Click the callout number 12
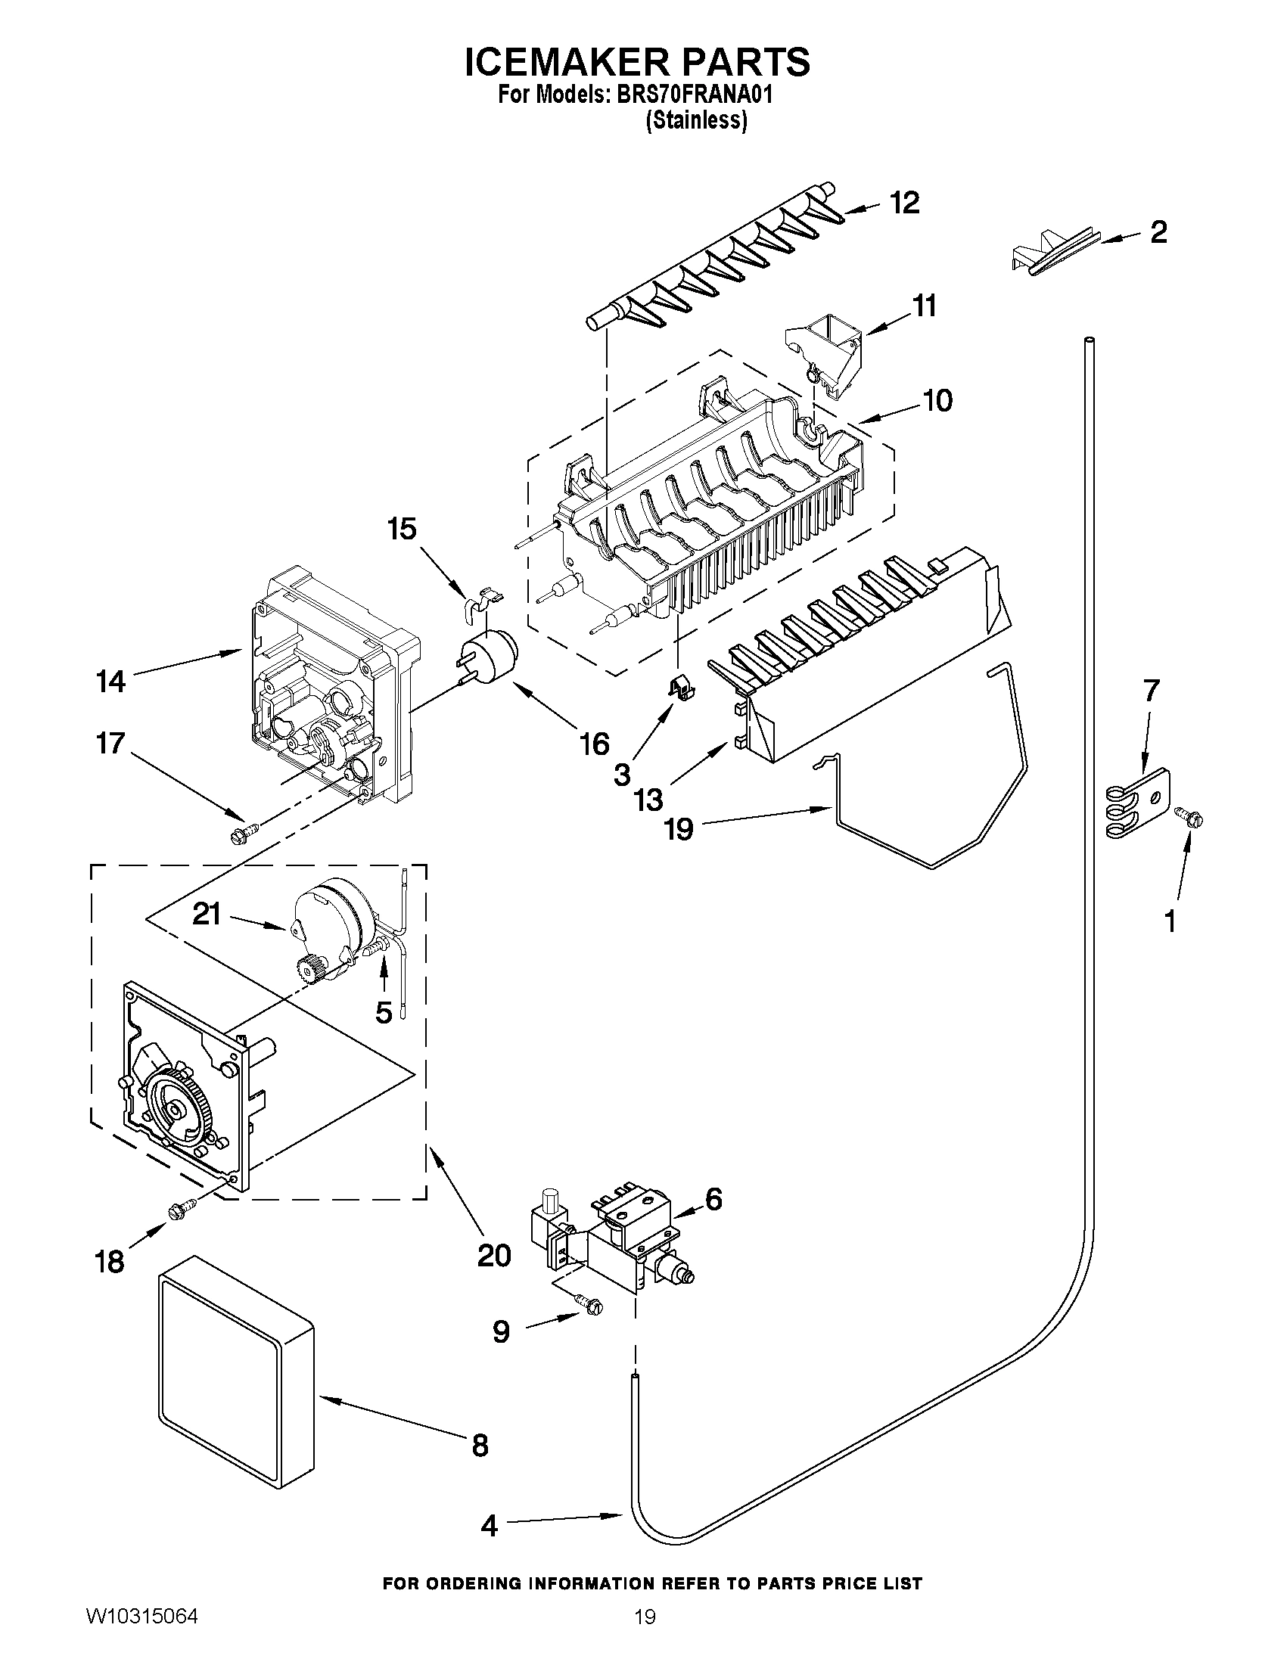tap(905, 203)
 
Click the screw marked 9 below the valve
tap(589, 1306)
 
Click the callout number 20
tap(493, 1254)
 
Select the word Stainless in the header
tap(696, 120)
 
